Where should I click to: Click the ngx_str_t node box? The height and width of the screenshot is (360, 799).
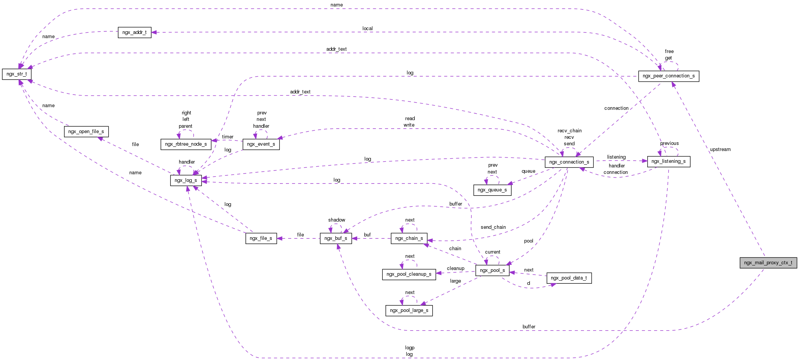point(17,74)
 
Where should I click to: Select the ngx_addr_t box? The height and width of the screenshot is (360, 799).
point(135,32)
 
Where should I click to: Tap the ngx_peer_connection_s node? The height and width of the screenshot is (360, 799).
point(669,76)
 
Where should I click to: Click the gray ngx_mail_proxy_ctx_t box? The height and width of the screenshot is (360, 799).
point(768,263)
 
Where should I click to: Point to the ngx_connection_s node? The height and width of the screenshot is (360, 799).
point(569,162)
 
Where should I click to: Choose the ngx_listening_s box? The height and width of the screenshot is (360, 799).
point(669,161)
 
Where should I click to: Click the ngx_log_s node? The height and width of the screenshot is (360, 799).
point(186,180)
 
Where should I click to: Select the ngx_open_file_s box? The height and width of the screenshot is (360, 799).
point(86,132)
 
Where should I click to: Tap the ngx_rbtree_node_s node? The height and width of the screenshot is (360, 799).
point(186,144)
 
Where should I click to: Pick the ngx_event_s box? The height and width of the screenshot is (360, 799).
point(261,144)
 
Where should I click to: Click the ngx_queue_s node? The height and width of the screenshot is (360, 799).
point(492,190)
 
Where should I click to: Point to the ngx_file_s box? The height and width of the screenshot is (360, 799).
point(261,238)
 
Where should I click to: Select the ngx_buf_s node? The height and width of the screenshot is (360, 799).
point(336,238)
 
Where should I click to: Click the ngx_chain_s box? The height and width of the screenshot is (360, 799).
point(409,238)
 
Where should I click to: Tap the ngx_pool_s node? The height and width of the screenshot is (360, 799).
point(493,270)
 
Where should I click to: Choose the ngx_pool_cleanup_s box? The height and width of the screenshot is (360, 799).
point(409,274)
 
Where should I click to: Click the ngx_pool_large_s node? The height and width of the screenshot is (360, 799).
point(409,310)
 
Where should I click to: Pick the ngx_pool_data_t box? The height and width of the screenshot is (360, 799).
point(569,278)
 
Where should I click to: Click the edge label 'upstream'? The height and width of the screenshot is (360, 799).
point(720,149)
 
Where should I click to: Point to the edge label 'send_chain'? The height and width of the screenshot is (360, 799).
point(493,227)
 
